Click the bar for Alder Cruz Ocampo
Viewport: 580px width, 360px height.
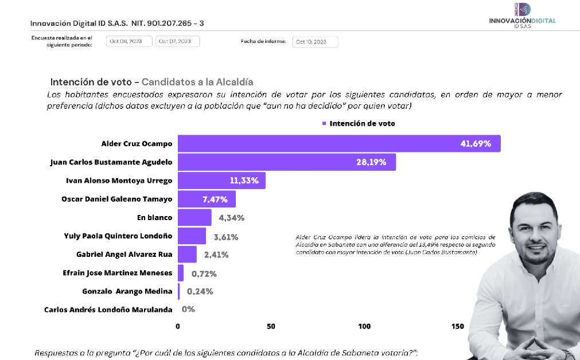tap(338, 144)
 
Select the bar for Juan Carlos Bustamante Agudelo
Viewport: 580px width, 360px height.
tap(286, 162)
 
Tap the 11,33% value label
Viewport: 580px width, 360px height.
tap(244, 181)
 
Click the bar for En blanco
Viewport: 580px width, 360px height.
tap(194, 217)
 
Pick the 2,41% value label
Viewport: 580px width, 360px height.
tap(217, 255)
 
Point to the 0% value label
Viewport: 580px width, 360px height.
tap(188, 310)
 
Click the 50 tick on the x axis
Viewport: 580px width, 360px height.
tap(271, 326)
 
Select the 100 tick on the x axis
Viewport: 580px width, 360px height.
tap(364, 326)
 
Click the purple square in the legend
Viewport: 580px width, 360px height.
tap(324, 123)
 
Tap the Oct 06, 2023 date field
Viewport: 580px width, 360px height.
tap(129, 41)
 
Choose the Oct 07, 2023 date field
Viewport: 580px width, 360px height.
tap(177, 41)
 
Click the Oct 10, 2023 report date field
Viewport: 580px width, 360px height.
tap(315, 42)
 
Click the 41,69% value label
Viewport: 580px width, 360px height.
tap(476, 144)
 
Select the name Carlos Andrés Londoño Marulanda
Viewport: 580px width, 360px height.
tap(108, 310)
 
